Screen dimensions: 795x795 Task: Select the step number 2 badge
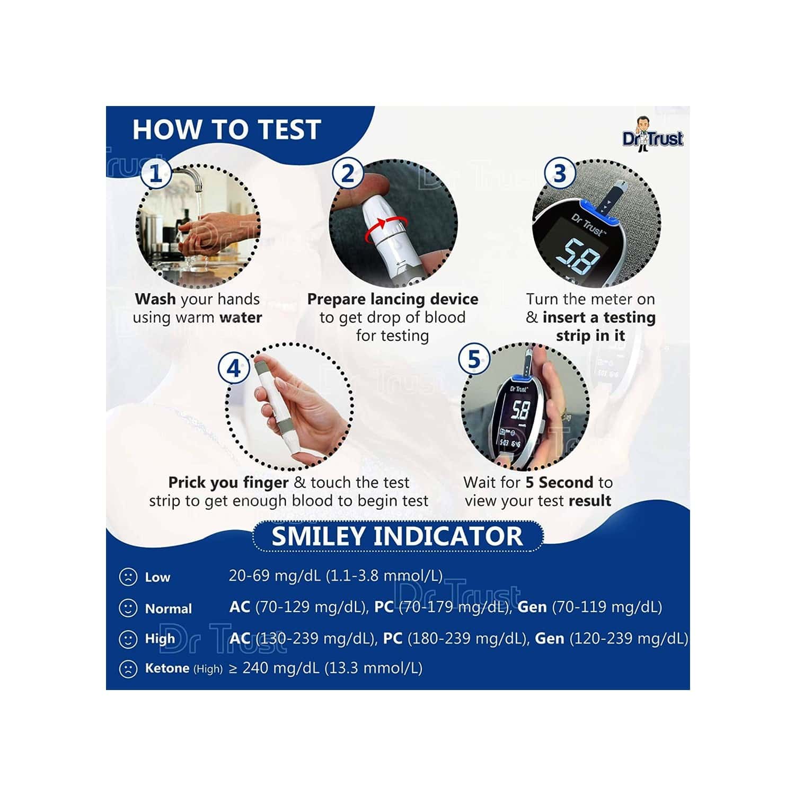(347, 174)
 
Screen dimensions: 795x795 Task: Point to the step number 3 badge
(560, 174)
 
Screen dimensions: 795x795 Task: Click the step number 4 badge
(234, 368)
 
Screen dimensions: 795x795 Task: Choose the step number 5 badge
(473, 359)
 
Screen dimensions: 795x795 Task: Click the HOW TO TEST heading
(227, 130)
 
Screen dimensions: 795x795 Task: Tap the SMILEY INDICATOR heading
(397, 536)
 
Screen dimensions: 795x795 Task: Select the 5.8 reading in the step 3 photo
(580, 256)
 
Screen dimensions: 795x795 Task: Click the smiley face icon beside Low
(128, 577)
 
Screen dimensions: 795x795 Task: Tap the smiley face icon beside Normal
(128, 608)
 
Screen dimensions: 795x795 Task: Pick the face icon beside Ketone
(128, 669)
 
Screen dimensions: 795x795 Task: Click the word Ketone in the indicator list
(167, 668)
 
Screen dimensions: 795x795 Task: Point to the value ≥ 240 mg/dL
(274, 668)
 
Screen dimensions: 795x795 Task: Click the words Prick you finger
(228, 483)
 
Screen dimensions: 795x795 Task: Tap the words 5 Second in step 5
(559, 483)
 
